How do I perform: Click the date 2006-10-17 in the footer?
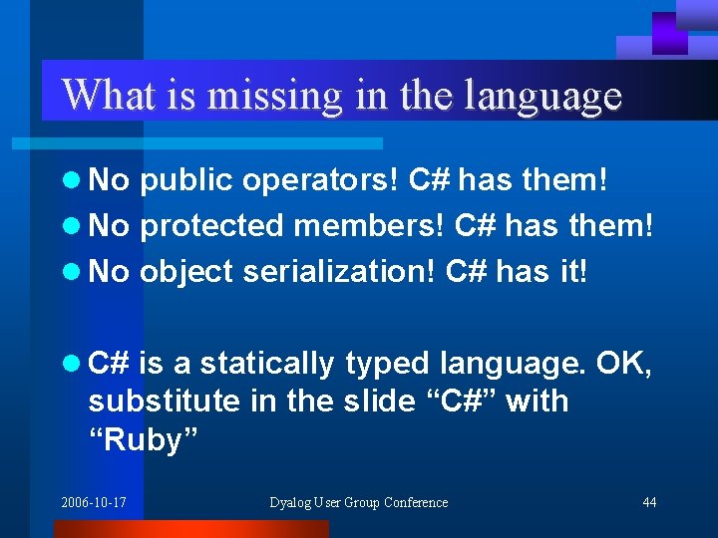tap(94, 502)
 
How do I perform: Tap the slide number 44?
tap(649, 502)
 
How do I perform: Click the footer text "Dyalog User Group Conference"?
tap(359, 502)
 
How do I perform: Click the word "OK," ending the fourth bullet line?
tap(624, 365)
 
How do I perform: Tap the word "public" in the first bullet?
tap(187, 180)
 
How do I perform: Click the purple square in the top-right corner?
tap(669, 32)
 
